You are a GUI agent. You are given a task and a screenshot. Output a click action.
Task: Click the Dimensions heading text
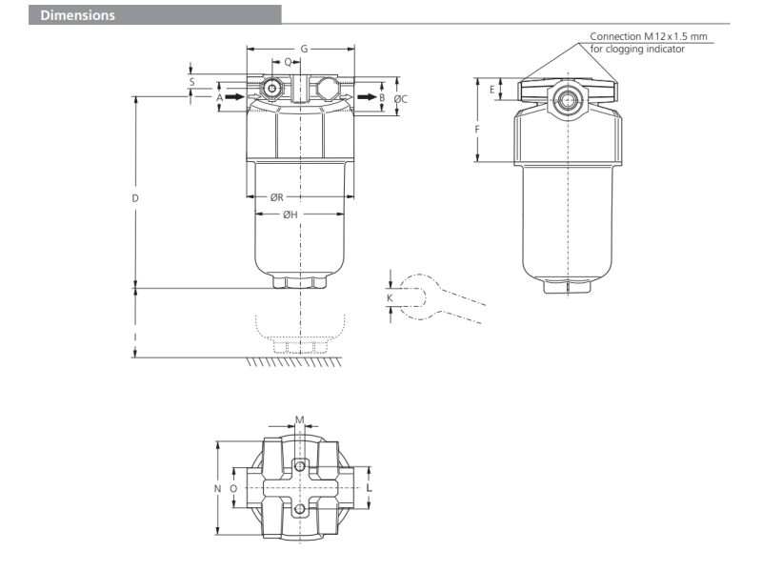click(x=78, y=15)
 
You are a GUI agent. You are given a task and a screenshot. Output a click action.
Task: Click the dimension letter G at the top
click(x=304, y=49)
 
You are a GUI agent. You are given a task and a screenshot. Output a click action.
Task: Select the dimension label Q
click(x=288, y=62)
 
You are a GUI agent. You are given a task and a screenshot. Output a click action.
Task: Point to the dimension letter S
click(x=192, y=82)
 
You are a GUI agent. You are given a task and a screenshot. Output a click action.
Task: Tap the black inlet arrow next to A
click(x=235, y=97)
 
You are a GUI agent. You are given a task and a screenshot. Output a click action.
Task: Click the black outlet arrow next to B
click(x=367, y=97)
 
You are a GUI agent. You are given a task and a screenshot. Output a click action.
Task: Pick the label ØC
click(x=400, y=99)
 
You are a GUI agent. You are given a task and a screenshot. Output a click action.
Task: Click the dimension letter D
click(x=135, y=198)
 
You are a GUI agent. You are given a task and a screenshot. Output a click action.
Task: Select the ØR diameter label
click(x=276, y=197)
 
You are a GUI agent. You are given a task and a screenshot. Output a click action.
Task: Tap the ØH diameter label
click(x=291, y=214)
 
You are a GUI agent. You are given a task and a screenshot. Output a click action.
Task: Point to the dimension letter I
click(x=135, y=337)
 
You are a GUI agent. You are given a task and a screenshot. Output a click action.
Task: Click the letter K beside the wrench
click(x=390, y=297)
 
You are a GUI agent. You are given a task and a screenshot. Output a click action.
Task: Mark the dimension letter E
click(x=491, y=90)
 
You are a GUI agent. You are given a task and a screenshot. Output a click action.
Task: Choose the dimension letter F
click(x=477, y=130)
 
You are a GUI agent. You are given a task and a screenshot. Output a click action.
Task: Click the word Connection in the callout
click(x=615, y=36)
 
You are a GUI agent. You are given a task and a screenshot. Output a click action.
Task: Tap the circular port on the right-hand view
click(x=566, y=100)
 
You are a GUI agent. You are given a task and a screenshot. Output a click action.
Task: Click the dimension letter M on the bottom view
click(x=299, y=419)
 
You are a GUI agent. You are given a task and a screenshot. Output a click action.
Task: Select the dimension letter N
click(x=218, y=488)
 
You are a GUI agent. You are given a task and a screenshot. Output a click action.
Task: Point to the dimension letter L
click(x=370, y=488)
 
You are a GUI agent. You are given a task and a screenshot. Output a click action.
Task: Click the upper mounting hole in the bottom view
click(x=300, y=466)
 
